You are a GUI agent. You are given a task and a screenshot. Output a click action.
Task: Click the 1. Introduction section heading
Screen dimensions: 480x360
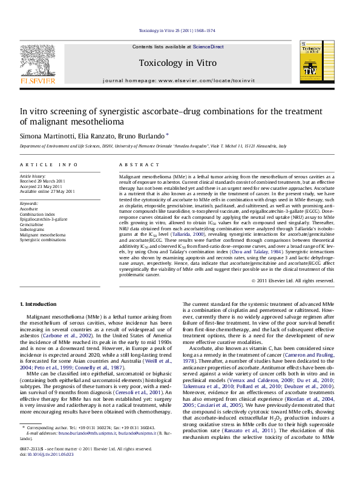[38, 303]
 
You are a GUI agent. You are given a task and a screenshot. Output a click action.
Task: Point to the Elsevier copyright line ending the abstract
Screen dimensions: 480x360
[300, 281]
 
